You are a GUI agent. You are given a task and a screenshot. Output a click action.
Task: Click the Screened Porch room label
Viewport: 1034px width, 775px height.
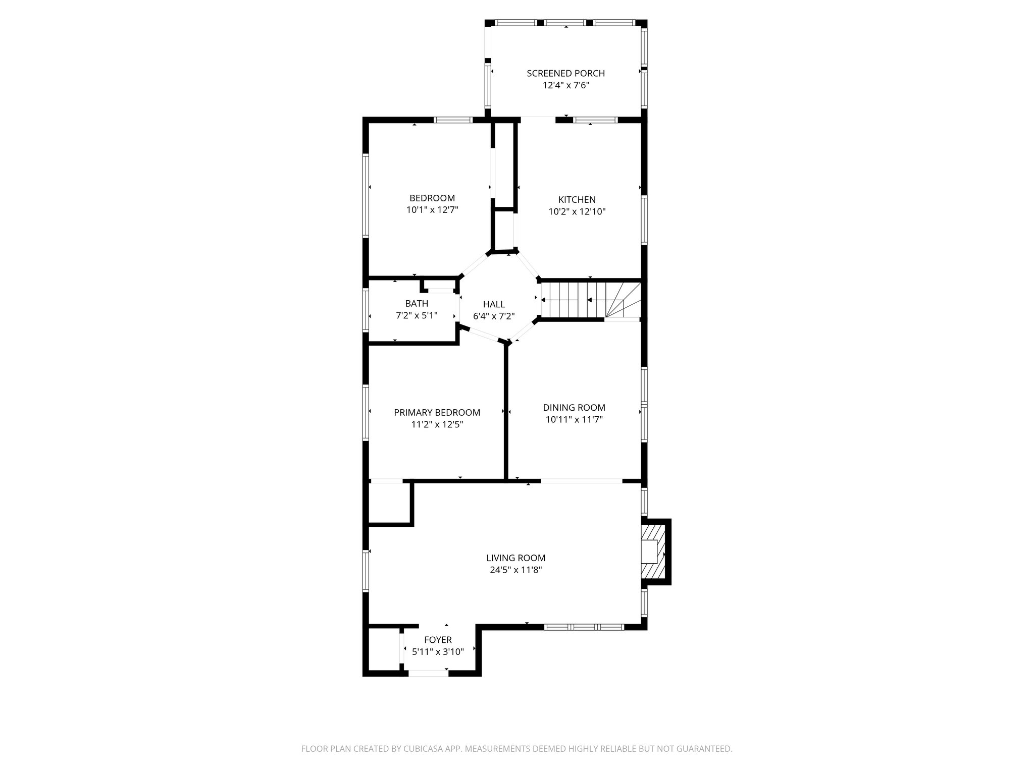pyautogui.click(x=565, y=73)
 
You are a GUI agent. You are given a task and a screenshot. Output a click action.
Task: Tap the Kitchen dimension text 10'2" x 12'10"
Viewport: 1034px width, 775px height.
pyautogui.click(x=577, y=212)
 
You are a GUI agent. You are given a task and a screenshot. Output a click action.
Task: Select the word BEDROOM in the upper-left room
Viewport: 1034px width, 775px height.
pyautogui.click(x=432, y=198)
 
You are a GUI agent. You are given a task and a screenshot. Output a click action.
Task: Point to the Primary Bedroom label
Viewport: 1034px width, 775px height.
pyautogui.click(x=437, y=413)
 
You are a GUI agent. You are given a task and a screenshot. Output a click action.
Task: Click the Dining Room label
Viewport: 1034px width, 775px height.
pyautogui.click(x=574, y=407)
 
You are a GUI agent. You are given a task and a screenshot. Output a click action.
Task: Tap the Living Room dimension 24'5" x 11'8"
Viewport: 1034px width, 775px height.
pyautogui.click(x=515, y=570)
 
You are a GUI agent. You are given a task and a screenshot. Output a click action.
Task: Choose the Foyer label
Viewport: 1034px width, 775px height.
pyautogui.click(x=438, y=640)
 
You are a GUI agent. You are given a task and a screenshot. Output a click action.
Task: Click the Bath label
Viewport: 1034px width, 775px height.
pyautogui.click(x=417, y=303)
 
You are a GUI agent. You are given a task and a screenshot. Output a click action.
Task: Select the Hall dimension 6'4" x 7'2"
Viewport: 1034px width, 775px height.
pyautogui.click(x=493, y=316)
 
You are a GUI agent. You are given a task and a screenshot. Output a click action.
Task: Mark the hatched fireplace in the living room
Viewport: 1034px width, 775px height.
pyautogui.click(x=655, y=551)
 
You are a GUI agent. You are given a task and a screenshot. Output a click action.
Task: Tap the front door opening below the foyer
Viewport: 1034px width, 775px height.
pyautogui.click(x=428, y=673)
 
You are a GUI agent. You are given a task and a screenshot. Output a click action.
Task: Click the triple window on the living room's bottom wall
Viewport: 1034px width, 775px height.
pyautogui.click(x=584, y=627)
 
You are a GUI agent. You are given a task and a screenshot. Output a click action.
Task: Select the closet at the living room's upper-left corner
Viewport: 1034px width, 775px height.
pyautogui.click(x=389, y=503)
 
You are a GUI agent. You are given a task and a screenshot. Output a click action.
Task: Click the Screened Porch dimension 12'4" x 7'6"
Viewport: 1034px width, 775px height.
pyautogui.click(x=565, y=86)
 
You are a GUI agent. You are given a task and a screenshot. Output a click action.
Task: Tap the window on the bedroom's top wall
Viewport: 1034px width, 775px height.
pyautogui.click(x=453, y=120)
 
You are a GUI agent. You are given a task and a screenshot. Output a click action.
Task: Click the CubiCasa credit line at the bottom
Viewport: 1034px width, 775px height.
pyautogui.click(x=516, y=749)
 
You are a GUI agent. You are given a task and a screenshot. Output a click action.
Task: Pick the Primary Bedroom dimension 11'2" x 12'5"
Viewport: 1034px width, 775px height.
pyautogui.click(x=437, y=425)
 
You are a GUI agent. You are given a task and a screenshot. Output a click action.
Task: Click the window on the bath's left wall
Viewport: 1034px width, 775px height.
pyautogui.click(x=366, y=310)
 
